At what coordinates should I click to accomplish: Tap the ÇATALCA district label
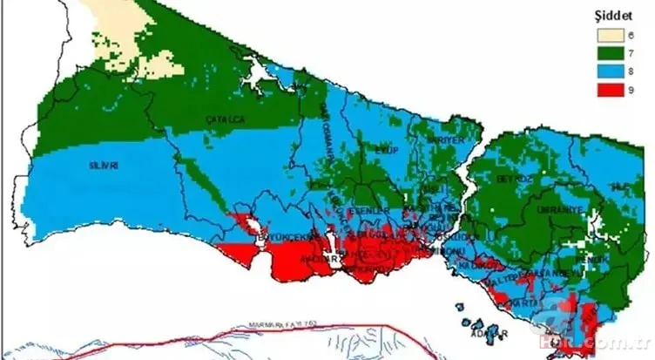220,118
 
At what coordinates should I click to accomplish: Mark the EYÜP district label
386,150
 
